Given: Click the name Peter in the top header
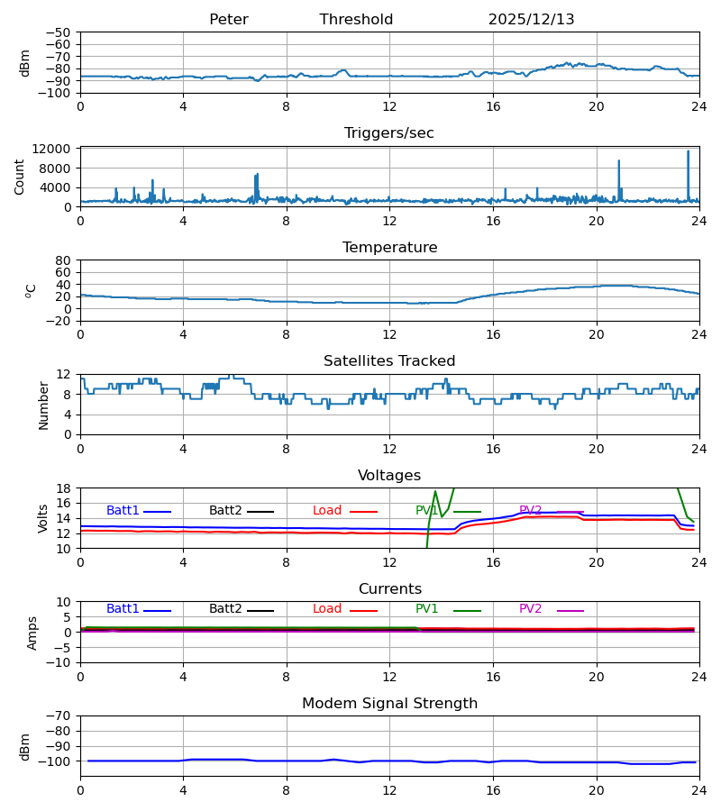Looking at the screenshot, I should (228, 20).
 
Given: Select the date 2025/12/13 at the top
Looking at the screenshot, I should (531, 20).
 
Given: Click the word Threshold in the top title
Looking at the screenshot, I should (356, 20).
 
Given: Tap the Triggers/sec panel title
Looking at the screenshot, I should (389, 133).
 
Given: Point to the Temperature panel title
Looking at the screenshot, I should (389, 248).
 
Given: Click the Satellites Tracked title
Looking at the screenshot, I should (389, 361).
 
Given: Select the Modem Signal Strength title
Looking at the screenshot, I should (389, 704).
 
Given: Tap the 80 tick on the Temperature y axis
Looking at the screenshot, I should (64, 260).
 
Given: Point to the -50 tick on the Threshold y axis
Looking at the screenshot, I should (60, 32).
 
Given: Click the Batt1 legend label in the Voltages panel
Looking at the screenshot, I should (123, 511).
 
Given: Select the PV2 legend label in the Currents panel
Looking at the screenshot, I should (530, 609).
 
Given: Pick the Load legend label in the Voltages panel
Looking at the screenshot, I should (327, 511).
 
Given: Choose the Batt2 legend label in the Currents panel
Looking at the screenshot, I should (225, 609).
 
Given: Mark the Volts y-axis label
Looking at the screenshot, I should (43, 518).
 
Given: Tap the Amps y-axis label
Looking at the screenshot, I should (33, 633).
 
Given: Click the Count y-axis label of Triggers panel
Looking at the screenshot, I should (20, 177).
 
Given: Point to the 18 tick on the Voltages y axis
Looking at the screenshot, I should (64, 488).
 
